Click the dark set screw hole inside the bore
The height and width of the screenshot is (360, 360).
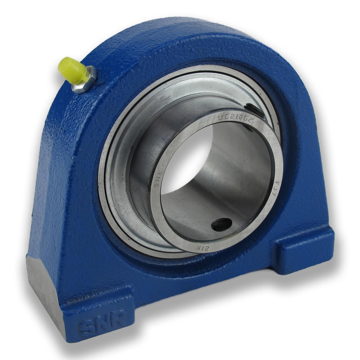click(222, 224)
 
